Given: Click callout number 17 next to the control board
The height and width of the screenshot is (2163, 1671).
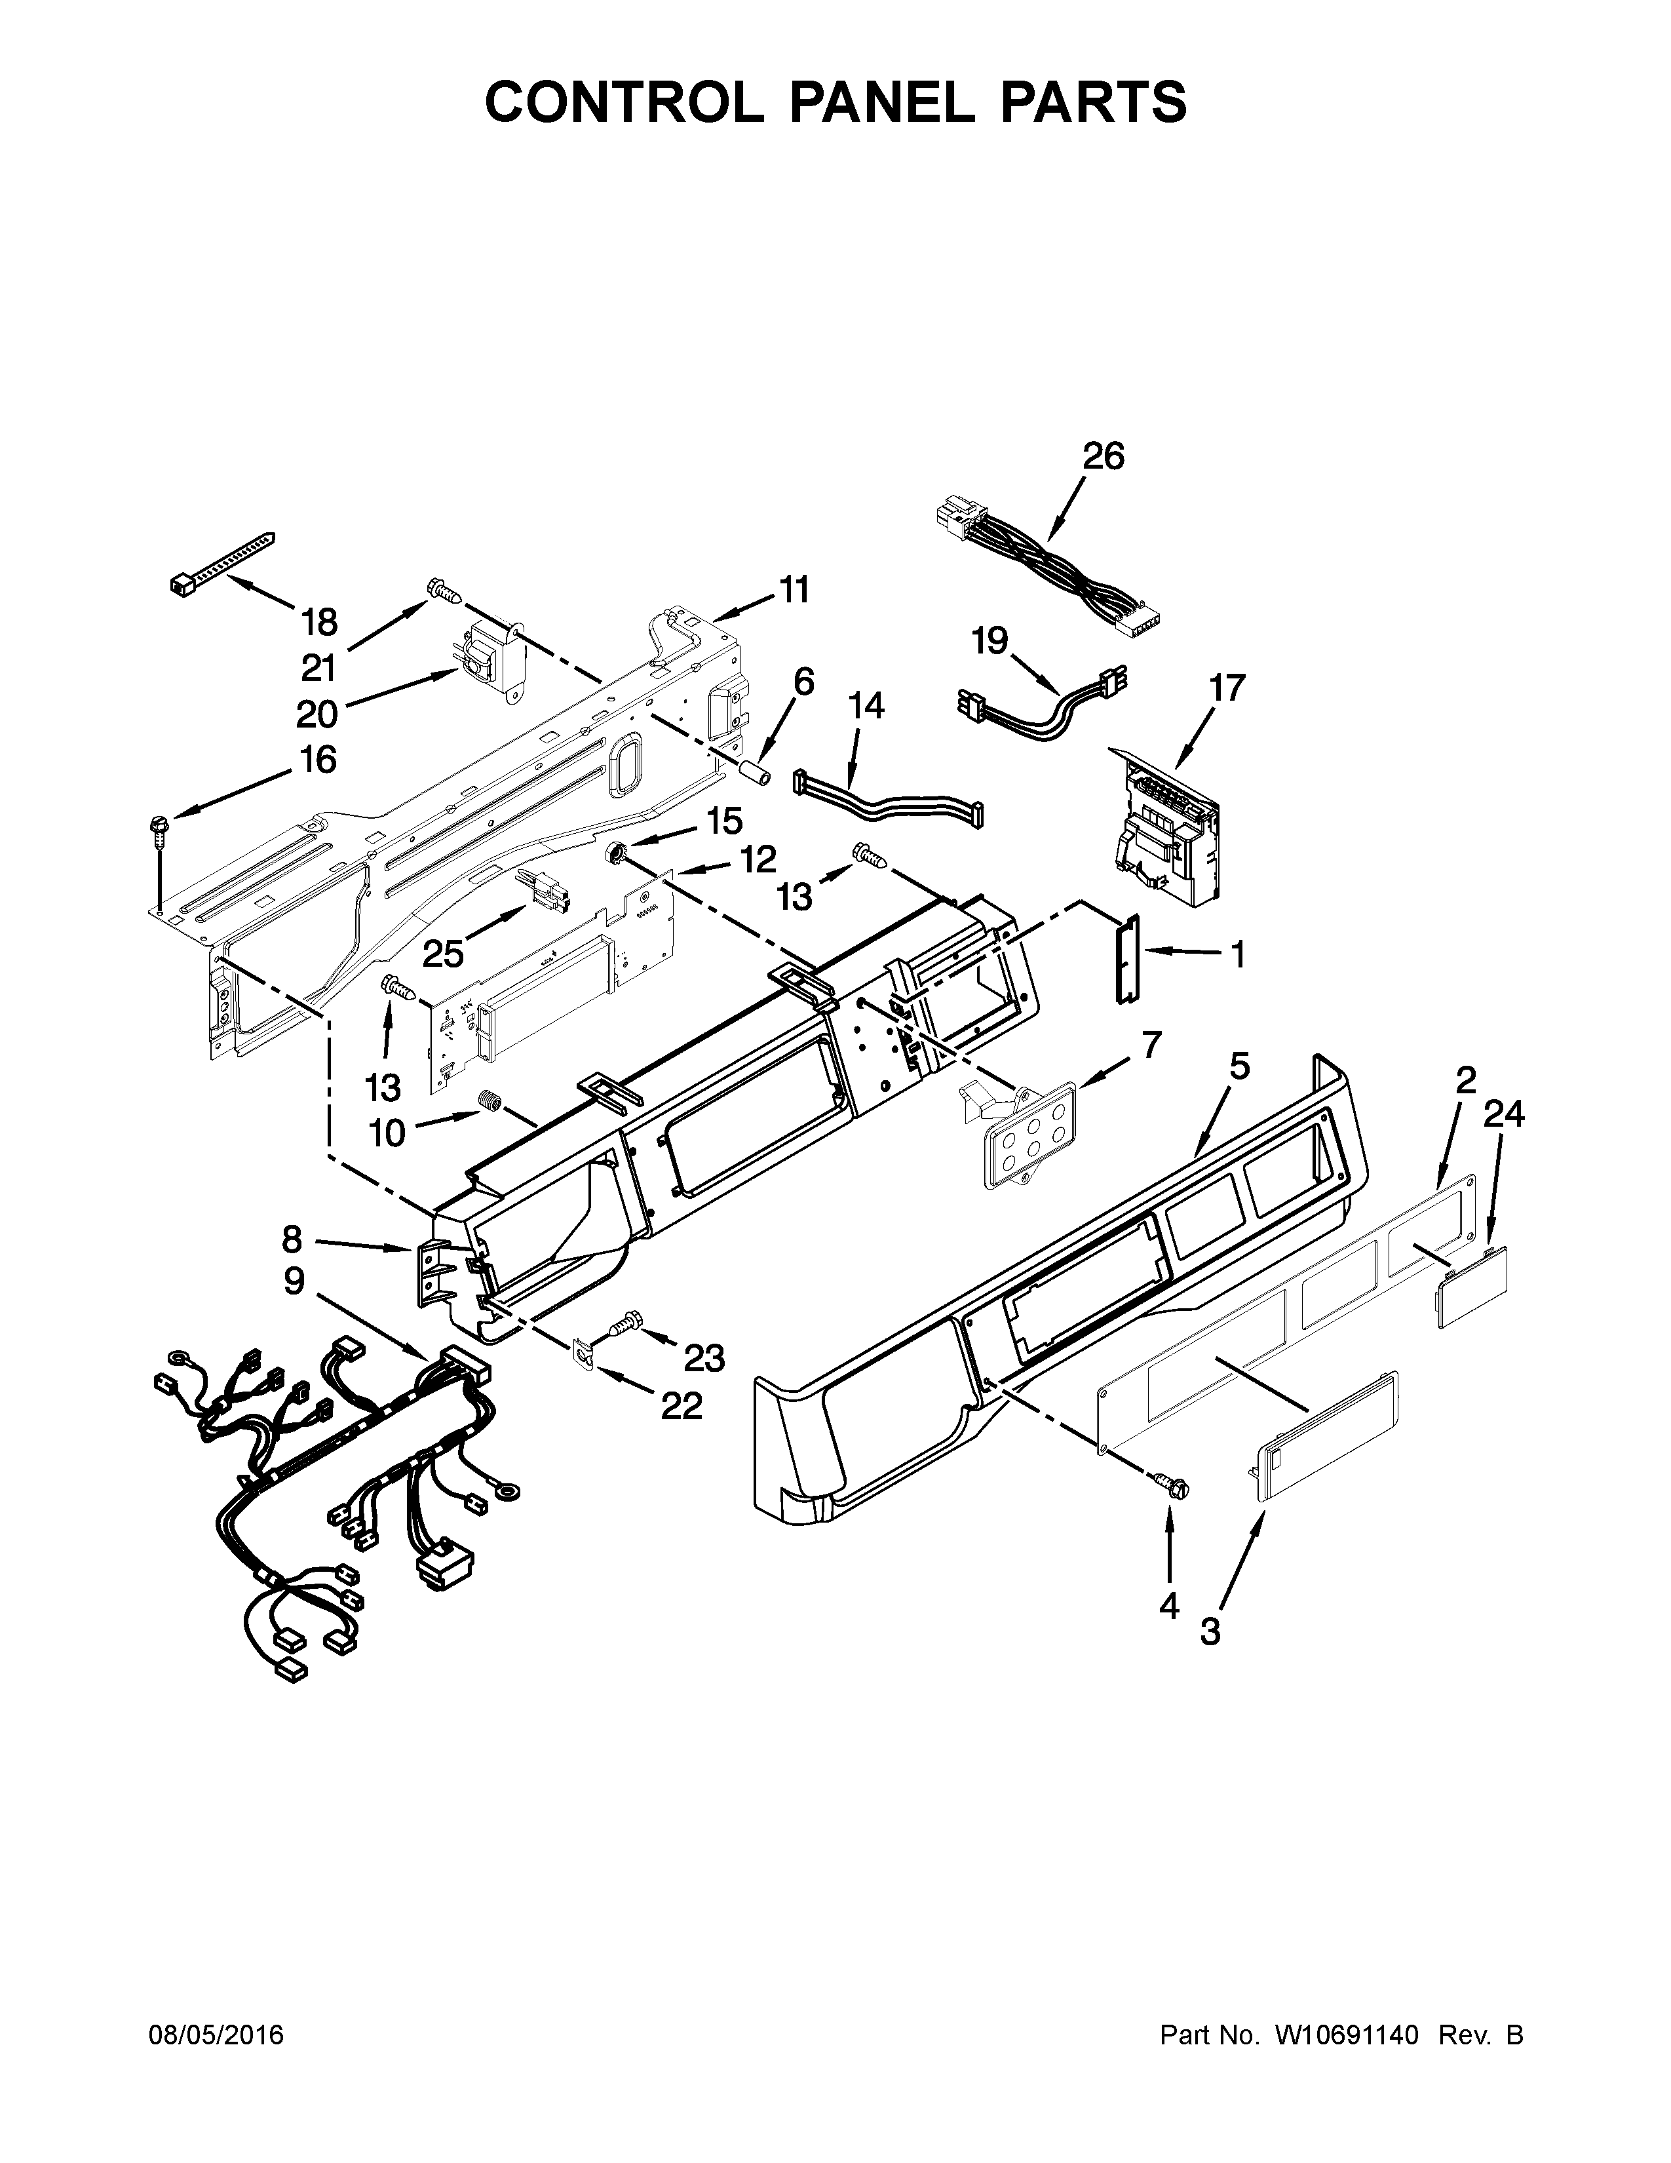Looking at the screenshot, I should (x=1227, y=688).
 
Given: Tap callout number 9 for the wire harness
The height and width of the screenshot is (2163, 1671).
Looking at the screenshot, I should (x=294, y=1281).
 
